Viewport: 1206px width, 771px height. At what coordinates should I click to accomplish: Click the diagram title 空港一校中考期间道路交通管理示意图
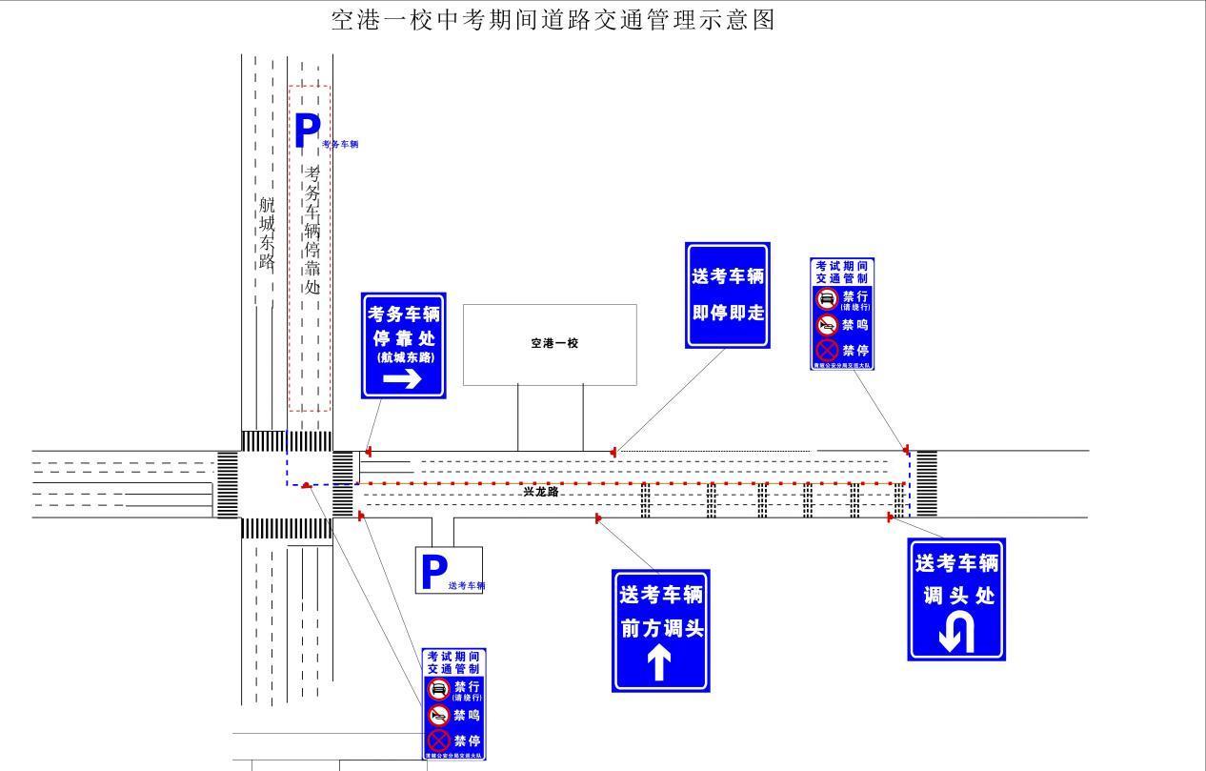click(553, 19)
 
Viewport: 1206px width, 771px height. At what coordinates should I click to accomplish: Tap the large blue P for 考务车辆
click(307, 132)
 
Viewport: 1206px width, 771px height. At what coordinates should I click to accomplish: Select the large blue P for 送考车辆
click(433, 573)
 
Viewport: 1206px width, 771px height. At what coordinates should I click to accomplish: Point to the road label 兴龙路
click(540, 492)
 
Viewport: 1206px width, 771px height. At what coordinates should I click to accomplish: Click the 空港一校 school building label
click(554, 343)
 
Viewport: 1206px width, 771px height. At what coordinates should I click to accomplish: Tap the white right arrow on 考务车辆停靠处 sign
click(402, 379)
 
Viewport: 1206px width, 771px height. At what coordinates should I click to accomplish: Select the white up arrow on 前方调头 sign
click(660, 663)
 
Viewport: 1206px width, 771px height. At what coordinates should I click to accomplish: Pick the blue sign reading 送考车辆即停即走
click(728, 294)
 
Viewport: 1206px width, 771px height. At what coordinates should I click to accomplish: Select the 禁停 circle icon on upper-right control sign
click(827, 351)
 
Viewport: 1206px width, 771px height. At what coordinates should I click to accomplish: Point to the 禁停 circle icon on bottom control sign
click(438, 741)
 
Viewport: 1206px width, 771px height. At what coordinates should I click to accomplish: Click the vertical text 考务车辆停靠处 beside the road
click(312, 229)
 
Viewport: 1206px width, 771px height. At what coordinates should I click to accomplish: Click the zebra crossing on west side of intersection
click(228, 484)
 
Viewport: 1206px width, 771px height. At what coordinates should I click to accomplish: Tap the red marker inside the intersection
click(305, 485)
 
